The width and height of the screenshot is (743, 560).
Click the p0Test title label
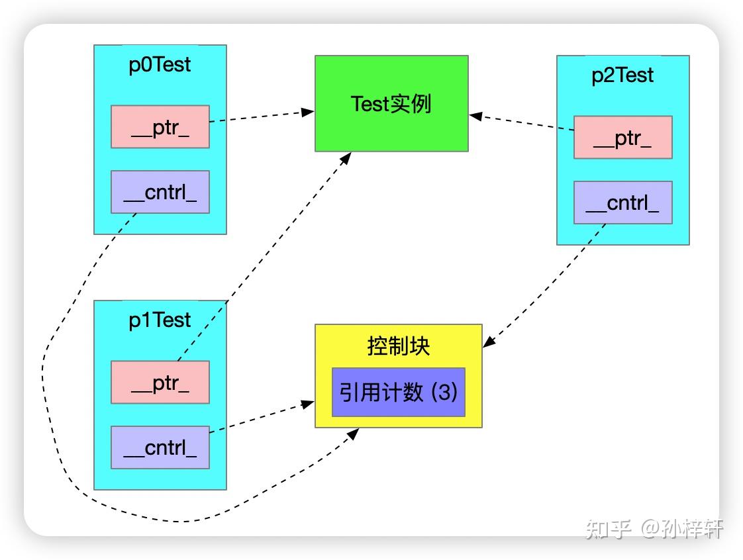point(160,65)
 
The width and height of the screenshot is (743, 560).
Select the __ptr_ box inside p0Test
point(160,127)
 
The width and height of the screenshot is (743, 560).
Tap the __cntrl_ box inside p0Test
point(160,192)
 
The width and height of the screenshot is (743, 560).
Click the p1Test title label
point(160,320)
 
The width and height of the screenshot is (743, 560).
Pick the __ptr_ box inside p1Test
point(160,383)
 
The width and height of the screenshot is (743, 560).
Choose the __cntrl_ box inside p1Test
point(160,447)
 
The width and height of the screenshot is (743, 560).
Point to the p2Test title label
point(622,75)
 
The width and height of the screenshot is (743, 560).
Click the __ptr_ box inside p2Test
point(622,138)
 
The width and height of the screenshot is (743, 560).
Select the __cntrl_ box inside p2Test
point(622,203)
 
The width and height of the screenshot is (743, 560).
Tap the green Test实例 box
point(391,104)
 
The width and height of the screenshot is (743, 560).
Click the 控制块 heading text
point(398,346)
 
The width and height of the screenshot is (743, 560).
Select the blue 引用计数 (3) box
point(398,393)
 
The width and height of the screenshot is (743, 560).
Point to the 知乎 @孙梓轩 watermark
point(654,528)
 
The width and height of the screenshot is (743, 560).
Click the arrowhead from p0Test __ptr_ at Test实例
point(309,112)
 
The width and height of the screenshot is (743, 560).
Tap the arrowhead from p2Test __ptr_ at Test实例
point(475,116)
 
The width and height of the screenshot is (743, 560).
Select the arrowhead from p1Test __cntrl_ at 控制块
point(309,402)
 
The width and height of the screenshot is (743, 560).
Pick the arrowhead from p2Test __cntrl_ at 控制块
point(488,342)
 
